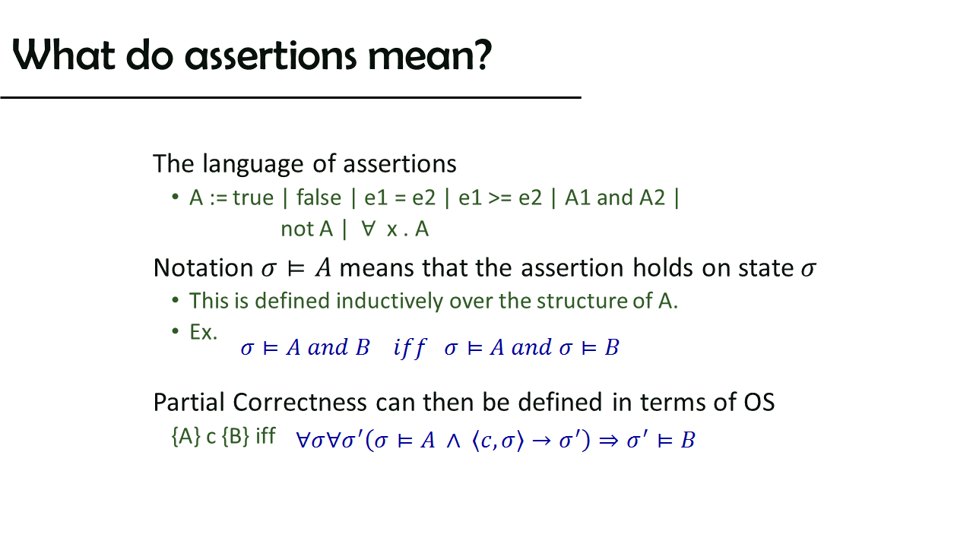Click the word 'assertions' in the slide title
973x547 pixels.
tap(271, 56)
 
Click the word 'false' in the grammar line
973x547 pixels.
tap(319, 198)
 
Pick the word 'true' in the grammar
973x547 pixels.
tap(253, 198)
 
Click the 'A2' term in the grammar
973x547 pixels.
tap(652, 198)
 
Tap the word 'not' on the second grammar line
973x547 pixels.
tap(296, 229)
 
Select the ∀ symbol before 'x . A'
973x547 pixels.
tap(369, 229)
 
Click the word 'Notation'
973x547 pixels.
tap(203, 267)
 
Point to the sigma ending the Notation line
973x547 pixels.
tap(808, 269)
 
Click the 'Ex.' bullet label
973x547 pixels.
tap(203, 332)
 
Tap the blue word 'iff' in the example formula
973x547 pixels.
tap(409, 348)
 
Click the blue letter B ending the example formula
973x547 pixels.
tap(612, 348)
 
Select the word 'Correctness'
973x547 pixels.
tap(300, 402)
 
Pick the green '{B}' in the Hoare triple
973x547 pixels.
tap(236, 436)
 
